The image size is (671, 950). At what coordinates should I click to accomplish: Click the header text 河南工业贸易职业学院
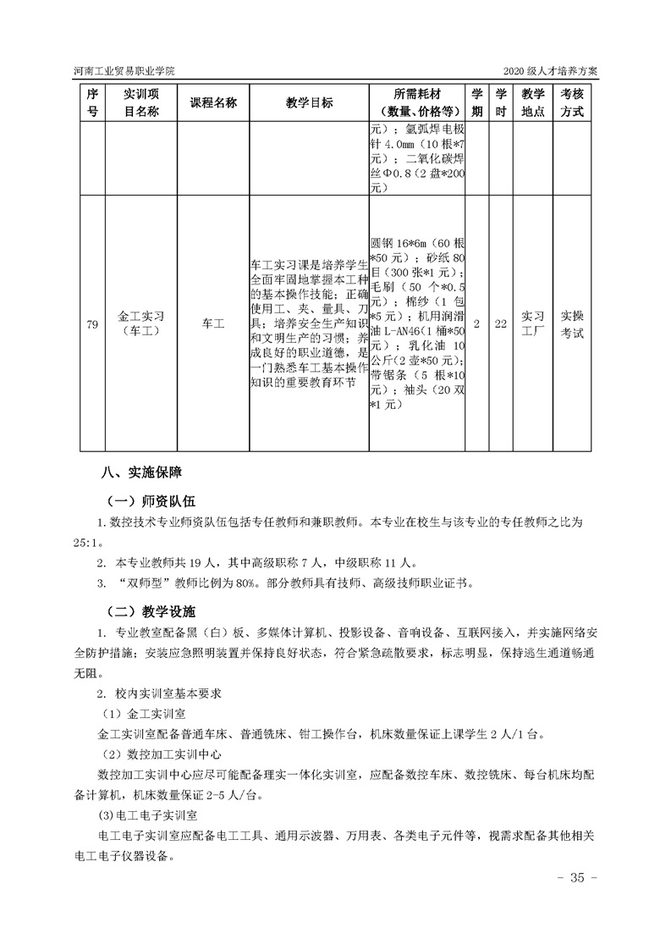pos(126,71)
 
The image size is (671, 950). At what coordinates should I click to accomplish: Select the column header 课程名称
pos(213,102)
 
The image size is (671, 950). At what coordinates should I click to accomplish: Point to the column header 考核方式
pos(572,102)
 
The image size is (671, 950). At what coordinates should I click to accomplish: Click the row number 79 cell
pos(93,323)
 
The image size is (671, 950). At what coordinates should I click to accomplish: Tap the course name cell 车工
pos(213,323)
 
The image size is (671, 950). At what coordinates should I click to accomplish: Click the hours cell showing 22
pos(500,323)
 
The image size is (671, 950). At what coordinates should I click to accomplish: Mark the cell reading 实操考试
pos(572,323)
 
